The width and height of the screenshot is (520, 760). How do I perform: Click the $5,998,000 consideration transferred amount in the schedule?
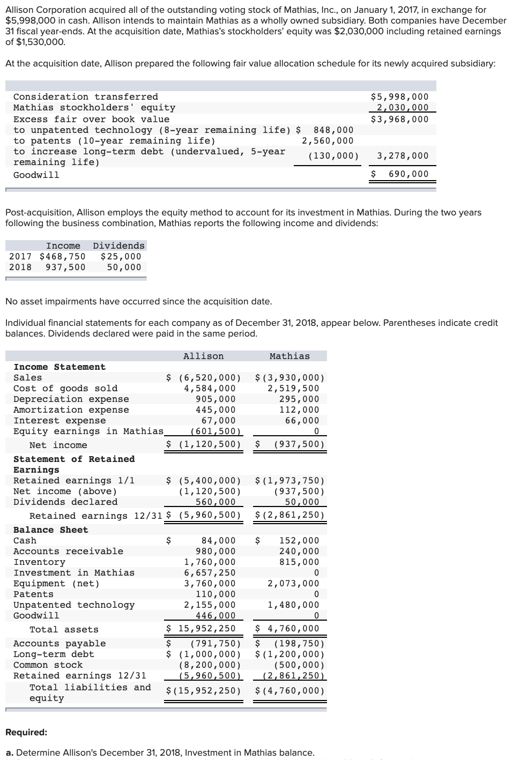point(400,97)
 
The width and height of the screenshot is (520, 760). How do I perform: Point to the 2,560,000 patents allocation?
point(328,141)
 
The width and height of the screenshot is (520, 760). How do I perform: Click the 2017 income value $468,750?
point(63,257)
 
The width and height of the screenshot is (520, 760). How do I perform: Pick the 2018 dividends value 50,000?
point(124,267)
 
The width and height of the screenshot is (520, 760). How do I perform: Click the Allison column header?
point(204,356)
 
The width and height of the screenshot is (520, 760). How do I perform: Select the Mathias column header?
point(289,356)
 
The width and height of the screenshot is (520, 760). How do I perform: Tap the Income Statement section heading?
point(60,367)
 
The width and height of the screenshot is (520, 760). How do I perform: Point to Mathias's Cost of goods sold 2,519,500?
point(293,389)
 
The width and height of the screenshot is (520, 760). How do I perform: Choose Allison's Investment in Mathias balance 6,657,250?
point(210,573)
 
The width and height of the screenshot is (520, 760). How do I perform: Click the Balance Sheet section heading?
point(50,530)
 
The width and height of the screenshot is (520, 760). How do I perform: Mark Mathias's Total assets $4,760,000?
point(288,629)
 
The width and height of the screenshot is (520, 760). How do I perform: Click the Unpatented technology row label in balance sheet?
point(74,605)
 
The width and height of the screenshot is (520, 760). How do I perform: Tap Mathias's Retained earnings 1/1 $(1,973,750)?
point(290,481)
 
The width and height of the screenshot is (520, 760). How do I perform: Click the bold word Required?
point(26,733)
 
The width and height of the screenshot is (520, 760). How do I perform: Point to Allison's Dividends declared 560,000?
point(216,502)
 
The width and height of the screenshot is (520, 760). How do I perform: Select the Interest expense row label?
point(60,421)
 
